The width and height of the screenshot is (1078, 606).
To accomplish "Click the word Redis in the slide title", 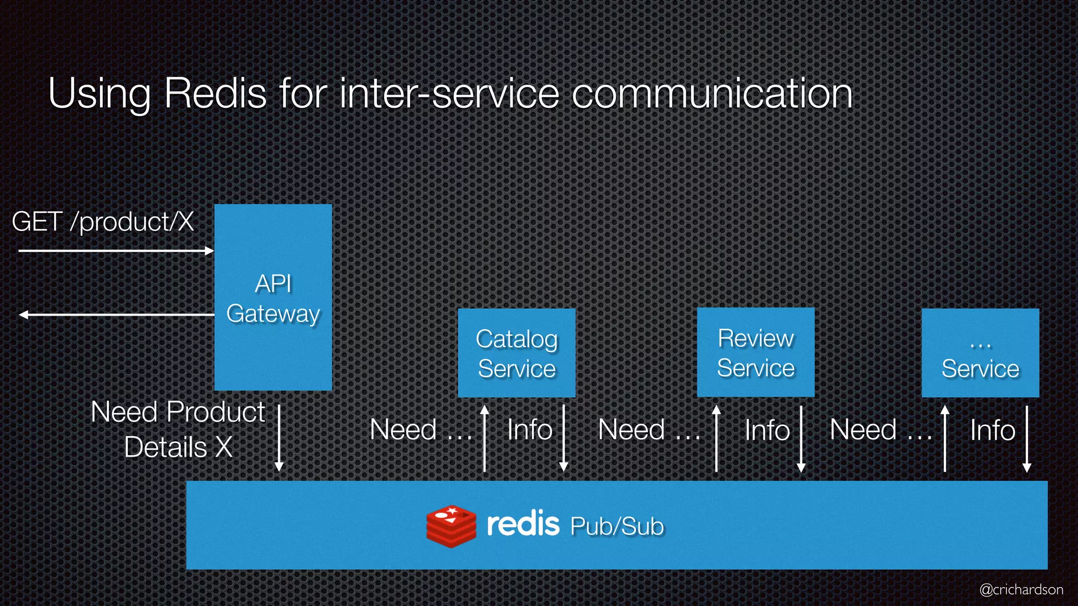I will (x=215, y=93).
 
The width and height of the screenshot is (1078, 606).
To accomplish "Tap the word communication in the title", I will (x=712, y=93).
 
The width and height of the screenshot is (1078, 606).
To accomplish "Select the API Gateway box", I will (x=273, y=298).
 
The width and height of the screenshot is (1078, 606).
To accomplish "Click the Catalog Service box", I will (x=516, y=353).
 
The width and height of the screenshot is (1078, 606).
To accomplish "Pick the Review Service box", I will (x=755, y=352).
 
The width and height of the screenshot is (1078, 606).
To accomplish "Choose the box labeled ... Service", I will (x=980, y=353).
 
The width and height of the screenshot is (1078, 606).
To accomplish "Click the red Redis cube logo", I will (x=451, y=526).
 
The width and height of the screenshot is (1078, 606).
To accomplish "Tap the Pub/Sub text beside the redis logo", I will (x=617, y=526).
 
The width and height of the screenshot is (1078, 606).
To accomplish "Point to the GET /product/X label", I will (x=103, y=221).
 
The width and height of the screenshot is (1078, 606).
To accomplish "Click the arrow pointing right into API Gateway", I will (x=116, y=251).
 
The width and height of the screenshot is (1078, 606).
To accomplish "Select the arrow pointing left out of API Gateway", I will (x=116, y=315).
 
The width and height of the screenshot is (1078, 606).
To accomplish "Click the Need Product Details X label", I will (x=178, y=429).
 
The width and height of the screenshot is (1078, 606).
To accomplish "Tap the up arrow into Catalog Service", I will (x=485, y=438).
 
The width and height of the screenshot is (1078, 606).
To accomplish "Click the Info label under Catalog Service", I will (x=530, y=429).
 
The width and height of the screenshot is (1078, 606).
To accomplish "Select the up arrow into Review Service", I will (x=716, y=438).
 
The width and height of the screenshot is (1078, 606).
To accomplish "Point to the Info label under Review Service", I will (x=767, y=430).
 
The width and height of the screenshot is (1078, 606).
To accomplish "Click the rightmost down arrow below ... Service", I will (x=1026, y=438).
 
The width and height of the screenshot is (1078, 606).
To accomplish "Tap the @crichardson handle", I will (x=1021, y=589).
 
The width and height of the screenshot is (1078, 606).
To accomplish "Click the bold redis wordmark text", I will (x=523, y=524).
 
